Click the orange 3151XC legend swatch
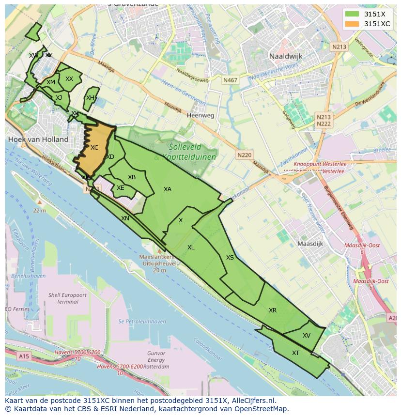(353, 24)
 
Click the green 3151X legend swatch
(353, 14)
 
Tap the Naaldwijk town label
(286, 56)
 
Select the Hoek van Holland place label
(38, 139)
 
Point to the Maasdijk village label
(310, 244)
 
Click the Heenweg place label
(200, 116)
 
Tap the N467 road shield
(230, 80)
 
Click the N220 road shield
(245, 155)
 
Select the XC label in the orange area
(94, 148)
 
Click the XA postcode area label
(168, 189)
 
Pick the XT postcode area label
(295, 353)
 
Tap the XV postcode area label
(306, 336)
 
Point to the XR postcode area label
(273, 310)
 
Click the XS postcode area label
(230, 258)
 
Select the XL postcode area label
(191, 247)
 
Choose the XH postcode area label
(90, 98)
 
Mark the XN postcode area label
(125, 218)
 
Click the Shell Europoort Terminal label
(67, 298)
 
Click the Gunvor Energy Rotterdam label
(156, 360)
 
